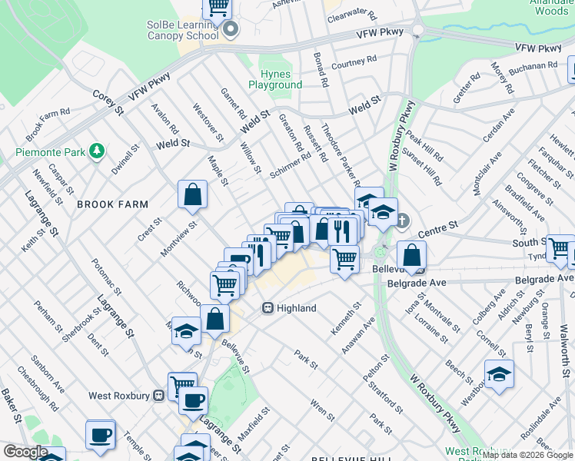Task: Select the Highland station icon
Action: coord(268,308)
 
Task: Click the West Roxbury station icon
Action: coord(158,396)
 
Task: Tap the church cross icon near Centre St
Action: coord(403,219)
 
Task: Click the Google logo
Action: coord(25,452)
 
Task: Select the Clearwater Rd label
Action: coord(353,14)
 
